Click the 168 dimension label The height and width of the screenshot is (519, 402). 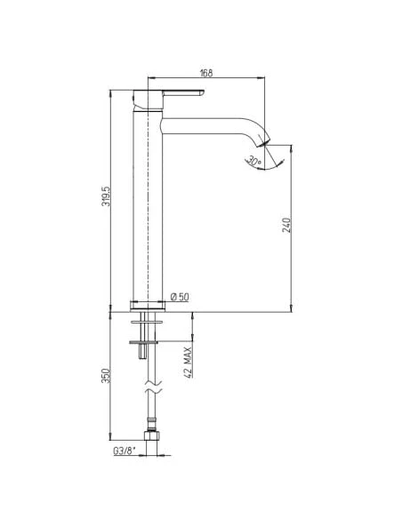coord(206,73)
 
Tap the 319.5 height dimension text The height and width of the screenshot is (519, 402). coord(106,196)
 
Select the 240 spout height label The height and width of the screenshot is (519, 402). coord(286,225)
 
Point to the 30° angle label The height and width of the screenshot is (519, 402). coord(254,162)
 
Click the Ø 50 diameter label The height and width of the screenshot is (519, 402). coord(180,297)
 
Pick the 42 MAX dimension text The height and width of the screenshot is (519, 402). coord(188,362)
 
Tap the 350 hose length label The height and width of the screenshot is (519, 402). coord(105,376)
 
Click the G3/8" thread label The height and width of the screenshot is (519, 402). coord(125,451)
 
